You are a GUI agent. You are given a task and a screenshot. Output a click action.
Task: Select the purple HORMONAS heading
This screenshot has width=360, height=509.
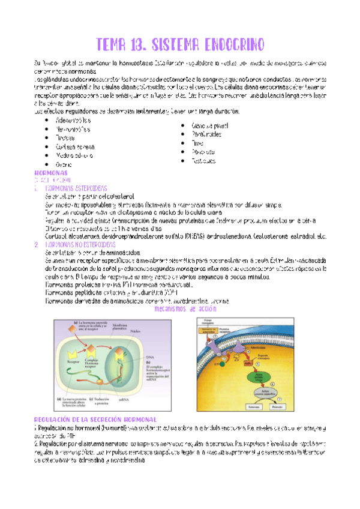point(52,172)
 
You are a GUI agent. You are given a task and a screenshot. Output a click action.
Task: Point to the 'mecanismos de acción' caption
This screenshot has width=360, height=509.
point(185,309)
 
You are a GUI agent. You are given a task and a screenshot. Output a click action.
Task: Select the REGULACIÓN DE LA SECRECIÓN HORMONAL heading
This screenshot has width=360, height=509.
point(95,419)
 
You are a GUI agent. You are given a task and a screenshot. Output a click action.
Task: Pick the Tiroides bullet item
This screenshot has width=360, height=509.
point(65,137)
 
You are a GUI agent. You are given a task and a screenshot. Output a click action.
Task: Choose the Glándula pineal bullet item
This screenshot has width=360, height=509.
point(210,126)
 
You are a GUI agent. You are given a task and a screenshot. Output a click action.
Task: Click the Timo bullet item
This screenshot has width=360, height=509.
point(197,143)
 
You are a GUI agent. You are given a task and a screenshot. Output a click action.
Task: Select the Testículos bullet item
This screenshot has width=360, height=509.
point(203,161)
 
